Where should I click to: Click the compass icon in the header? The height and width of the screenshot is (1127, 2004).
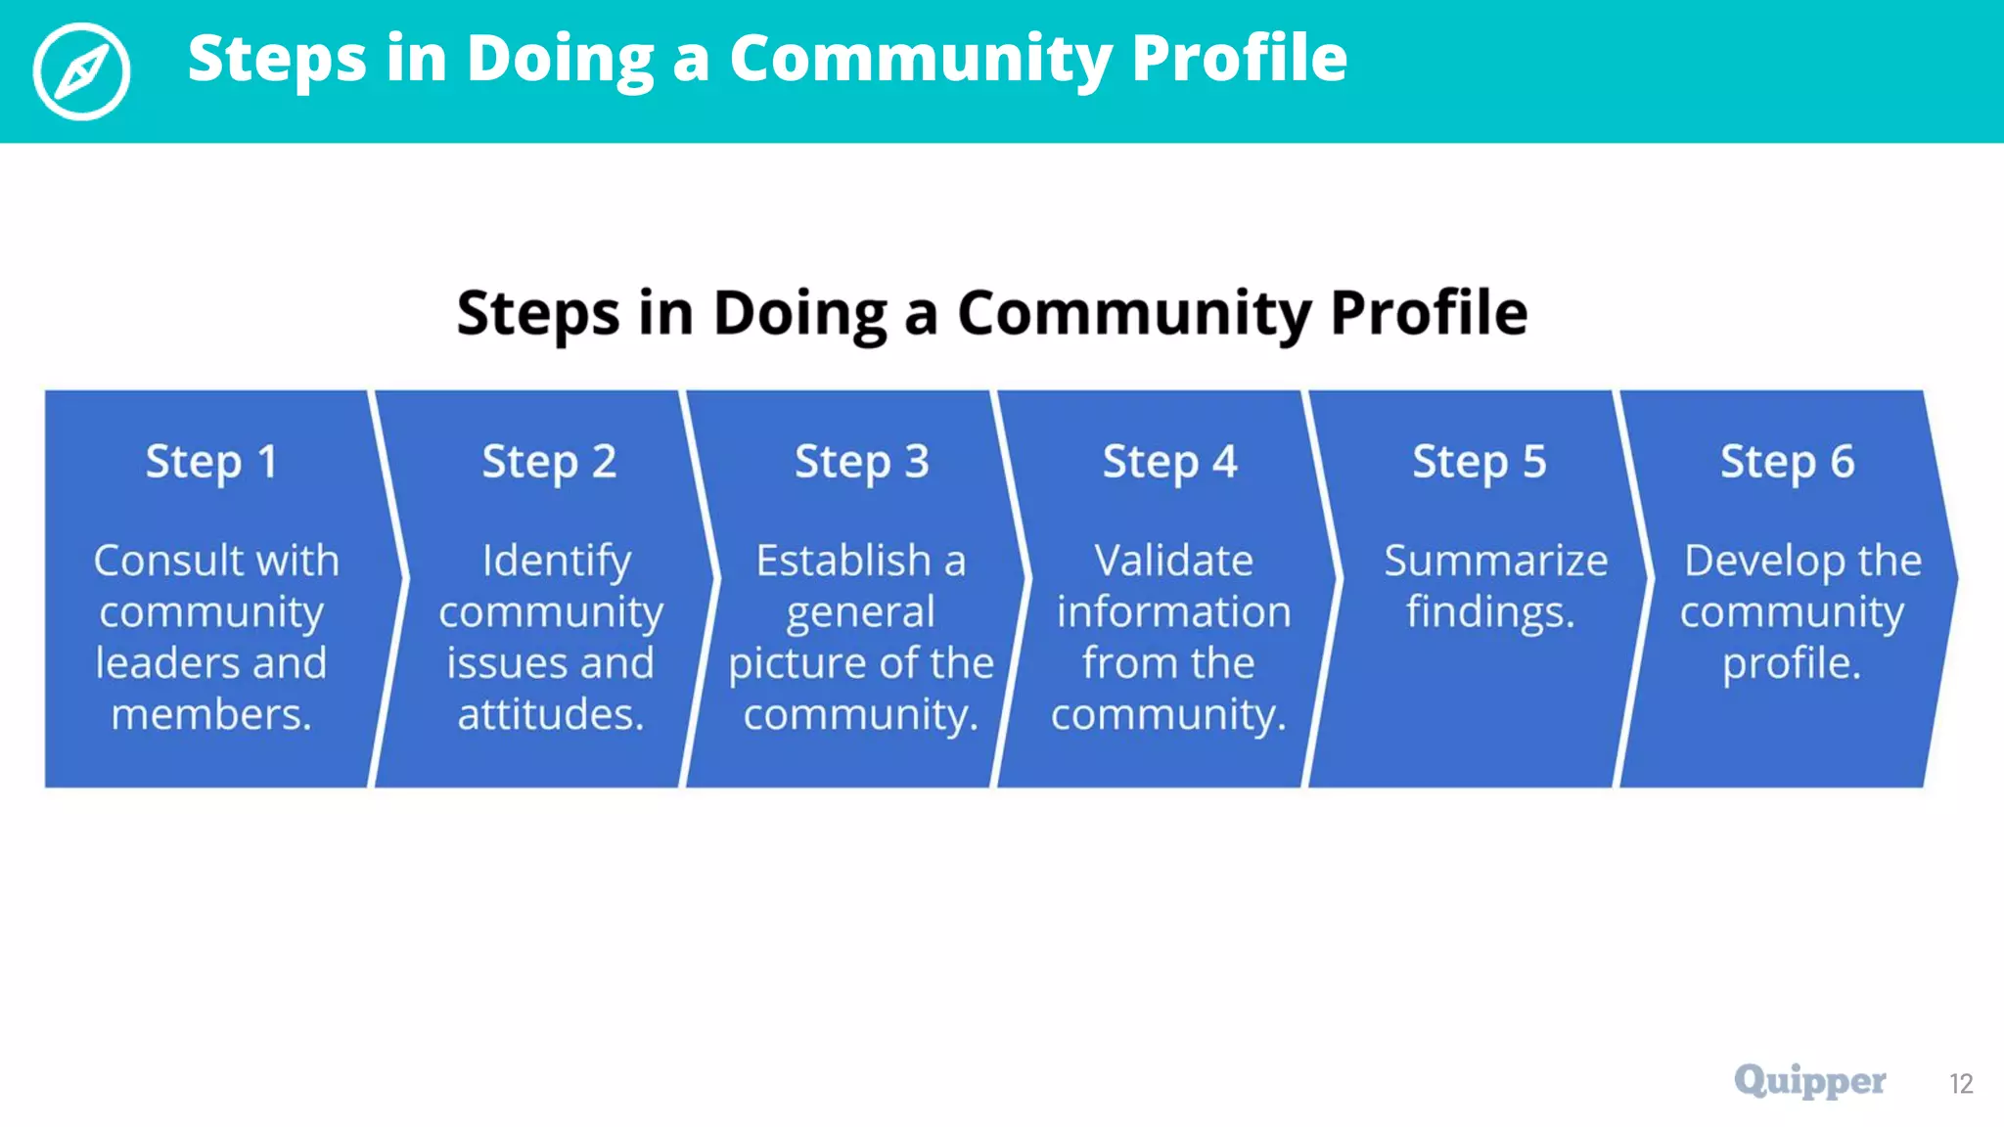pos(81,71)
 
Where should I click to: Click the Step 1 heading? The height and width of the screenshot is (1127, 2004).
pos(211,462)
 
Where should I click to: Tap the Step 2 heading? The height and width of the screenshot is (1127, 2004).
pos(549,462)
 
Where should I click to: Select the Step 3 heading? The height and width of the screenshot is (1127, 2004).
pos(861,462)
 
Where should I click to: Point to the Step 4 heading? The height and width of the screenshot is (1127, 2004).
pos(1169,462)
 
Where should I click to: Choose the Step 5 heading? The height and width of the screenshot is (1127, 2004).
pos(1479,462)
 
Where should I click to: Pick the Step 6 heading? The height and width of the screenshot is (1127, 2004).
pos(1787,462)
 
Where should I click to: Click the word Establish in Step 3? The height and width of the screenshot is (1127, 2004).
pos(843,561)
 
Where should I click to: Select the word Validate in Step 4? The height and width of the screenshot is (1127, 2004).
pos(1173,561)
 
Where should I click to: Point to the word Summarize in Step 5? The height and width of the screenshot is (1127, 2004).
pos(1495,561)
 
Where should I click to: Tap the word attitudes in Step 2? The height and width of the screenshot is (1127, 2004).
pos(550,714)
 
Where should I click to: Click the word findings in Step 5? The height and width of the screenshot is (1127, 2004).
pos(1489,613)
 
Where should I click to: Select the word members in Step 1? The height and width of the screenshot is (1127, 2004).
pos(210,714)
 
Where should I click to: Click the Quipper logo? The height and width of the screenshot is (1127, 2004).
pos(1809,1081)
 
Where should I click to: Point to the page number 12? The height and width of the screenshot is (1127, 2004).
pos(1960,1084)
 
